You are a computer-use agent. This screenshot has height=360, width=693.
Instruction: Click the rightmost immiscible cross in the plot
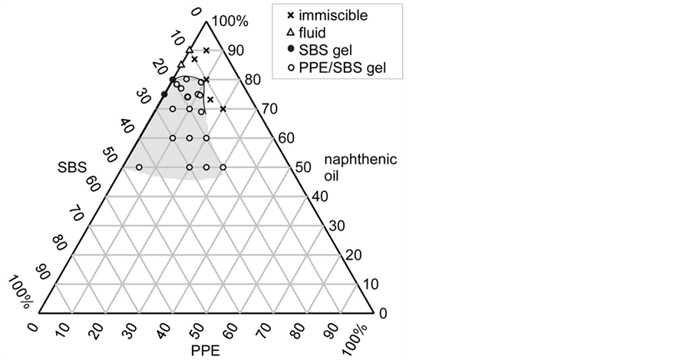click(223, 109)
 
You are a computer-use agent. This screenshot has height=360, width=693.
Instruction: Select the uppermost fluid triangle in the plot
click(189, 50)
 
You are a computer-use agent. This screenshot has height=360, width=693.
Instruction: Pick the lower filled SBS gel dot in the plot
click(163, 94)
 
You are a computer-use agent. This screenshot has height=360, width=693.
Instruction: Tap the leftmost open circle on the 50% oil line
click(139, 167)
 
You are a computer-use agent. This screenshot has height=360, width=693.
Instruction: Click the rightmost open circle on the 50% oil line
click(223, 167)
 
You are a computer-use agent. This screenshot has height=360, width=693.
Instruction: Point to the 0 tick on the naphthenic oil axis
click(384, 313)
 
